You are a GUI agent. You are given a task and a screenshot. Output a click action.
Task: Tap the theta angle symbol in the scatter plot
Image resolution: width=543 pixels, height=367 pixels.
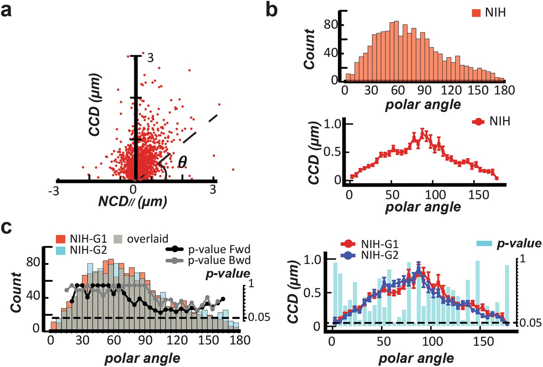182,162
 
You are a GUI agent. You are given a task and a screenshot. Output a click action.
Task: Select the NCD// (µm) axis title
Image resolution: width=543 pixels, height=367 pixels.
132,201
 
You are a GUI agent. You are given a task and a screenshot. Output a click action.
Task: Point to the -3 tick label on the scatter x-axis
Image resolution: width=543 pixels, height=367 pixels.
54,191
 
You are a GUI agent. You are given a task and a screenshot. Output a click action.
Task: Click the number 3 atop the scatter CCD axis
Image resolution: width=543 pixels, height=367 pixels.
150,58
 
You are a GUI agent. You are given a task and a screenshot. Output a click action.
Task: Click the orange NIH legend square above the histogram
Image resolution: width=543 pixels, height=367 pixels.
476,13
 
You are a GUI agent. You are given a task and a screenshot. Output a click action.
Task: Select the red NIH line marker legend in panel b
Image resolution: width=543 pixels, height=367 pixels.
479,122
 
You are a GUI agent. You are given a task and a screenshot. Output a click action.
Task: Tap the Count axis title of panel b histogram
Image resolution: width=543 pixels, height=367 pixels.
310,49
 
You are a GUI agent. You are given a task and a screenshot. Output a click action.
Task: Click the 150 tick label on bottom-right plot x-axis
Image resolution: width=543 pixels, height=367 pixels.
484,341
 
